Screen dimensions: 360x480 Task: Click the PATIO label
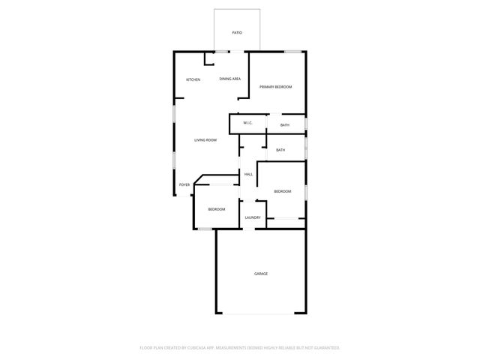pyautogui.click(x=237, y=33)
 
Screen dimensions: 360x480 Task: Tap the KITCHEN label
pyautogui.click(x=193, y=79)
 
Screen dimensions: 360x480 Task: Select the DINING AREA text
pyautogui.click(x=229, y=79)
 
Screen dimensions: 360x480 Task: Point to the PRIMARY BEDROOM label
pyautogui.click(x=275, y=87)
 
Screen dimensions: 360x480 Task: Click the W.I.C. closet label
pyautogui.click(x=247, y=123)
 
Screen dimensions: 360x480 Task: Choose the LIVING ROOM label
pyautogui.click(x=205, y=140)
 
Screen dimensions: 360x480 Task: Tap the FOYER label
pyautogui.click(x=184, y=184)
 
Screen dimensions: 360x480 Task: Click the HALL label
pyautogui.click(x=248, y=175)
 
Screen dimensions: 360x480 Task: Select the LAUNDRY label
pyautogui.click(x=253, y=217)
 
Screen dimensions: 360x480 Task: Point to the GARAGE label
pyautogui.click(x=260, y=274)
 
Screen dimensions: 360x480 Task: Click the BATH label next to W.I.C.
pyautogui.click(x=285, y=124)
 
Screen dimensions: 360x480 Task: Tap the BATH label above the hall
pyautogui.click(x=280, y=150)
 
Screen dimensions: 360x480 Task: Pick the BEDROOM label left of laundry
pyautogui.click(x=217, y=209)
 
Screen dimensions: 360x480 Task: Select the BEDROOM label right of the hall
pyautogui.click(x=282, y=192)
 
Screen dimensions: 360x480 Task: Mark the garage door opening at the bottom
pyautogui.click(x=260, y=313)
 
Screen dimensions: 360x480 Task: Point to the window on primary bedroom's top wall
pyautogui.click(x=294, y=51)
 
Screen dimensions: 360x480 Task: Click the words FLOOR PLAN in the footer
pyautogui.click(x=152, y=348)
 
